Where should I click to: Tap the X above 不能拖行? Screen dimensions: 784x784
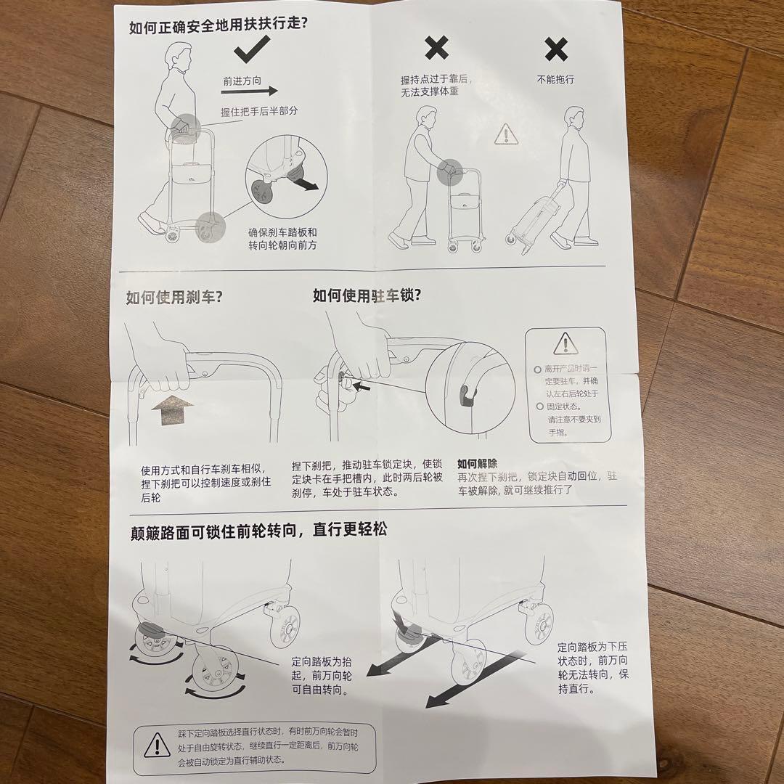click(x=556, y=49)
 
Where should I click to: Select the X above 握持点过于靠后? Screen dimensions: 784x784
click(x=436, y=49)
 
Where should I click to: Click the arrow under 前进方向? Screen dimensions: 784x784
click(x=250, y=91)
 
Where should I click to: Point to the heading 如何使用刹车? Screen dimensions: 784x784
click(x=174, y=297)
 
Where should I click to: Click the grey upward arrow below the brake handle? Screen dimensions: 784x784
click(x=173, y=412)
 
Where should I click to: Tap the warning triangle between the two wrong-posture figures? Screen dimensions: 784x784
click(x=505, y=134)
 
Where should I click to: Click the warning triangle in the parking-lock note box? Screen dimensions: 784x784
click(x=564, y=343)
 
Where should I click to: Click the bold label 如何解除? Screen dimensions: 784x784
click(x=477, y=463)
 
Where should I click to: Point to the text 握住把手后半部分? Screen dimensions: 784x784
click(x=260, y=112)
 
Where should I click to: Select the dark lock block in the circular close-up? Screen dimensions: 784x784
click(x=464, y=394)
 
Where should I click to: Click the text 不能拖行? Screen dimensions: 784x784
click(x=555, y=79)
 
